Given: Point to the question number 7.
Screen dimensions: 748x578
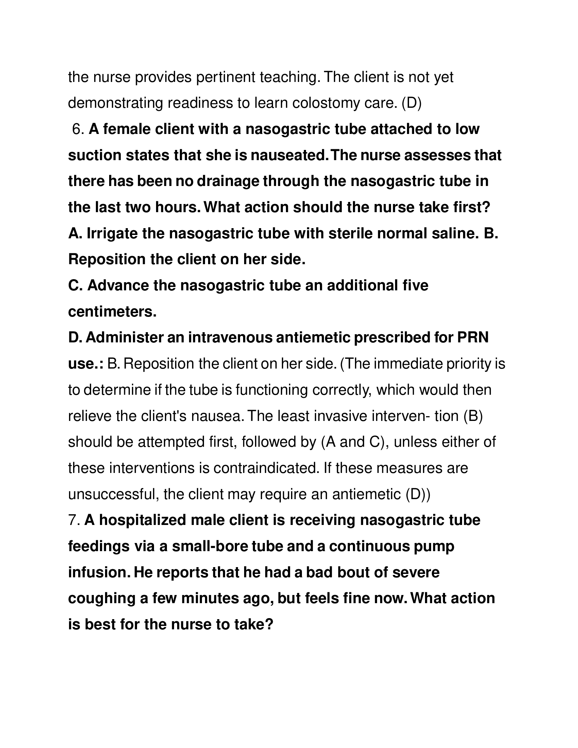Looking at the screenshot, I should point(74,520).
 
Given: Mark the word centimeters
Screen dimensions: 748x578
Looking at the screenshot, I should point(112,312).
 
